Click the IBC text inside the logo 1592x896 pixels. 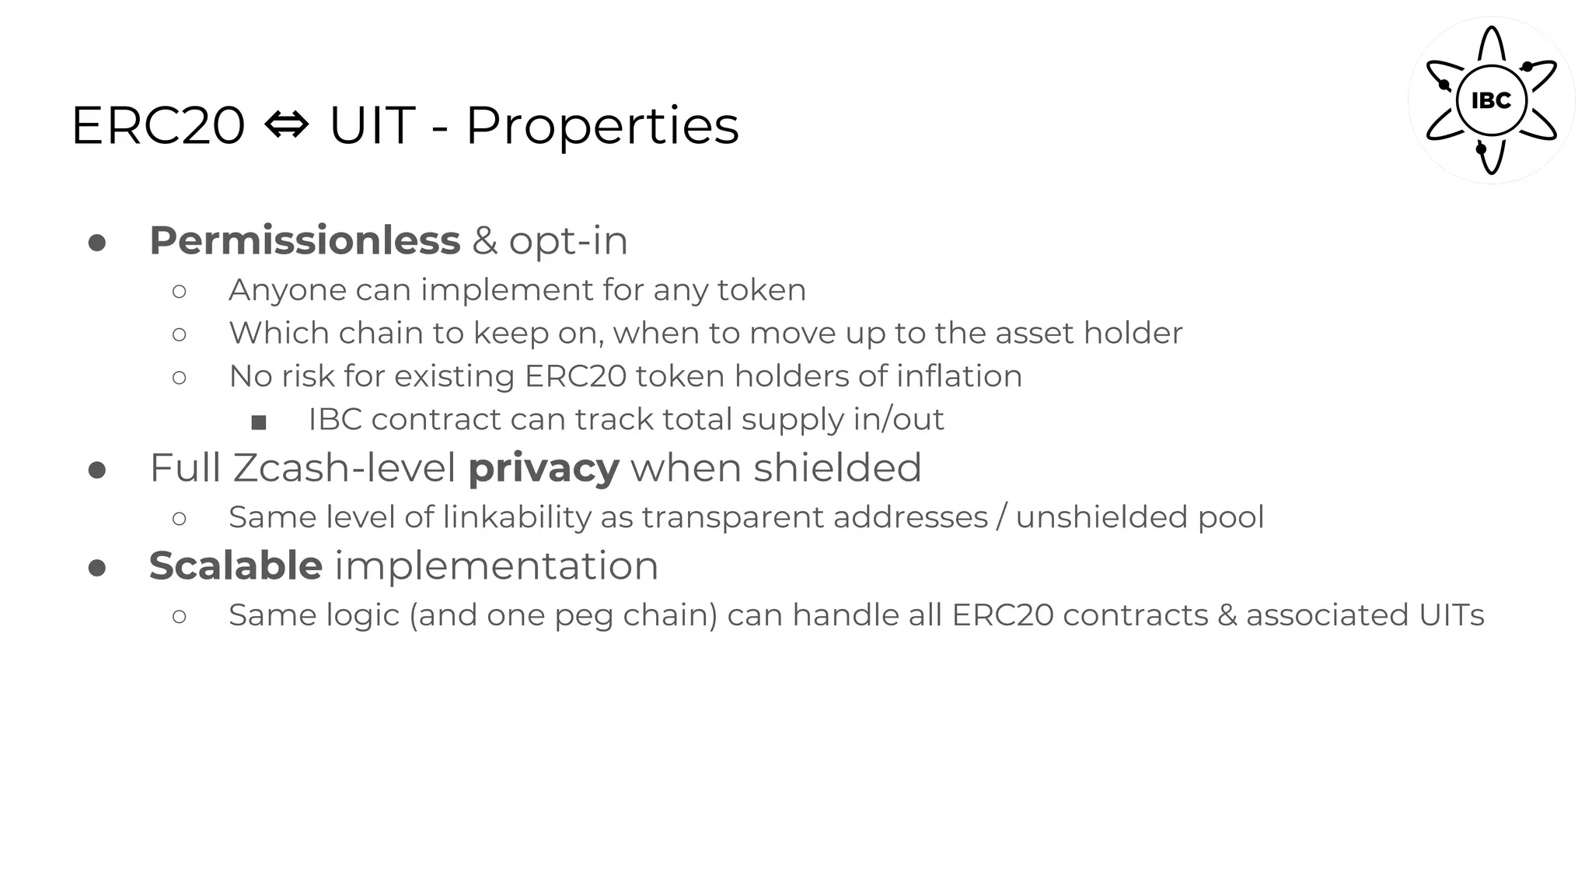coord(1491,101)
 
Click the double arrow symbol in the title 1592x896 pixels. coord(287,124)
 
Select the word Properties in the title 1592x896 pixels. coord(602,126)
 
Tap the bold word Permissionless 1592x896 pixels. coord(305,240)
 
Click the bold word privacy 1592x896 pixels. coord(543,468)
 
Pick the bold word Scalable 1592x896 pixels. coord(236,565)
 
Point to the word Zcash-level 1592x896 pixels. coord(344,468)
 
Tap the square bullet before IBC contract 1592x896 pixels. coord(259,422)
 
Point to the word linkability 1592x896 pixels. coord(517,517)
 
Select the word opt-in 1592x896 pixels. coord(568,240)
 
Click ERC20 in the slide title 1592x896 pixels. coord(158,126)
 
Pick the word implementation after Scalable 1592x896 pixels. coord(496,565)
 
